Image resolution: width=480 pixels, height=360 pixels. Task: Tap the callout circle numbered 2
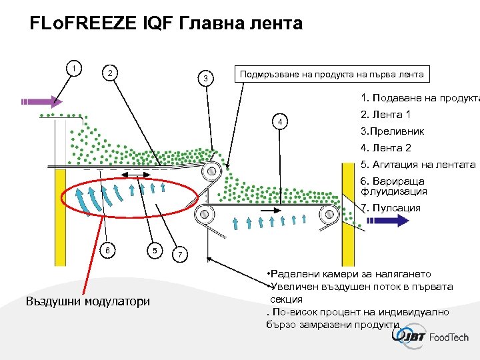(x=111, y=73)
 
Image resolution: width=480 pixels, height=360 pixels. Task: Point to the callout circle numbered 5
(x=154, y=250)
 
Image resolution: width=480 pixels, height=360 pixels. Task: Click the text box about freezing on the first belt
(x=332, y=74)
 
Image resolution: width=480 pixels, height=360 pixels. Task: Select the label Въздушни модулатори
(x=87, y=301)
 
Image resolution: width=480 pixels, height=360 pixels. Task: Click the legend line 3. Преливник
(x=392, y=131)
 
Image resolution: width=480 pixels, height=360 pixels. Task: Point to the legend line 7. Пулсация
(x=390, y=208)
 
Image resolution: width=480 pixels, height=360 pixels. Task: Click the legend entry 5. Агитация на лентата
(x=417, y=165)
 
